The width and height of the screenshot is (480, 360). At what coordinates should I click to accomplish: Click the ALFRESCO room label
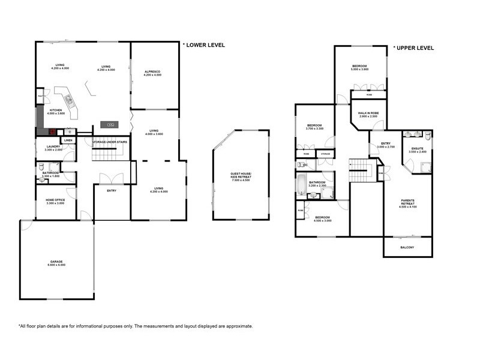[153, 71]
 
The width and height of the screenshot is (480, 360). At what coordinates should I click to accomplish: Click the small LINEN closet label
[68, 140]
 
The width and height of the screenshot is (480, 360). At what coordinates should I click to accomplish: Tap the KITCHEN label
[56, 110]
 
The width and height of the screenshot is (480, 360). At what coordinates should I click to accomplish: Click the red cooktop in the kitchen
[52, 131]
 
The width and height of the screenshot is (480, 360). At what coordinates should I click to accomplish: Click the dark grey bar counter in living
[110, 124]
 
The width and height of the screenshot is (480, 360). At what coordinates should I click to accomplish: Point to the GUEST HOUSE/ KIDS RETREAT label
[242, 175]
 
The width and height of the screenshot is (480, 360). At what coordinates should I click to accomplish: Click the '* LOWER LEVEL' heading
[203, 44]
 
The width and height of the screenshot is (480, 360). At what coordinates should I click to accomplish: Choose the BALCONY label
[407, 247]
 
